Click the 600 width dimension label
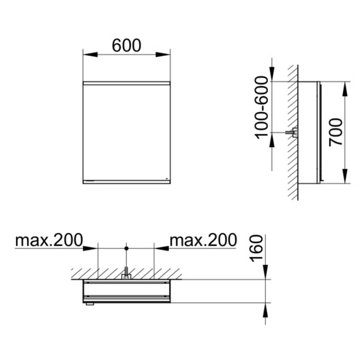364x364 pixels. [127, 45]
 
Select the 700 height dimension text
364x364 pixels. [336, 132]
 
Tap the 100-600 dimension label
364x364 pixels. [262, 108]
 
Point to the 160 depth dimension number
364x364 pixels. [256, 248]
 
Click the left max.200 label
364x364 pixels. [49, 240]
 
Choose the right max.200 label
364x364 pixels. [203, 240]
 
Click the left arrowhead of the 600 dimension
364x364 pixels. [90, 55]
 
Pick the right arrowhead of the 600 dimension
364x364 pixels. [163, 55]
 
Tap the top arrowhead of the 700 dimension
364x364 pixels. [345, 89]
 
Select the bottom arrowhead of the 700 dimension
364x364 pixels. [345, 176]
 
